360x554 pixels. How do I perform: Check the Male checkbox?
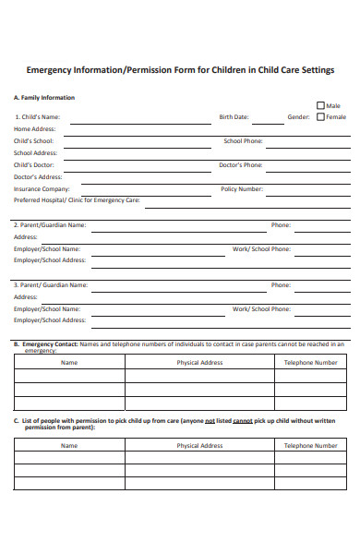pos(320,105)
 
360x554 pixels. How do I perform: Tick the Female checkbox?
pos(320,117)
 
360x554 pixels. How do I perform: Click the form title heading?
pos(180,70)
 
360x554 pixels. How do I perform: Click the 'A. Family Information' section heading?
pos(44,97)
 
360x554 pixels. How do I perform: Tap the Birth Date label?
pos(234,117)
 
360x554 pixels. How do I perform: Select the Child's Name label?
pos(38,117)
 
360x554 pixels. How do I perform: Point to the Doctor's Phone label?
pos(240,164)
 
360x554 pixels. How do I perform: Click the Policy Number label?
pos(242,188)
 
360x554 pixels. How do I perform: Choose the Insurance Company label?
pos(42,188)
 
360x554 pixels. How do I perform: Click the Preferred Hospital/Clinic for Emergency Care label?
pos(77,199)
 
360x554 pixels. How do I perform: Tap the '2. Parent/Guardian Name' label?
pos(50,224)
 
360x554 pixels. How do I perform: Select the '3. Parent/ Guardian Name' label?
pos(51,285)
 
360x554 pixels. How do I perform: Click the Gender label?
pos(298,117)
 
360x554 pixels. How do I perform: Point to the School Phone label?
pos(243,141)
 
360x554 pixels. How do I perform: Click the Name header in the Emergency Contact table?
pos(69,363)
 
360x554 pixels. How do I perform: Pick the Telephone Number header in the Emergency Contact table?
pos(310,363)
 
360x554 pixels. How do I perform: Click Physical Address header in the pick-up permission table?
pos(199,446)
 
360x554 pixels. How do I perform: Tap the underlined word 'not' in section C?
pos(210,421)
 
